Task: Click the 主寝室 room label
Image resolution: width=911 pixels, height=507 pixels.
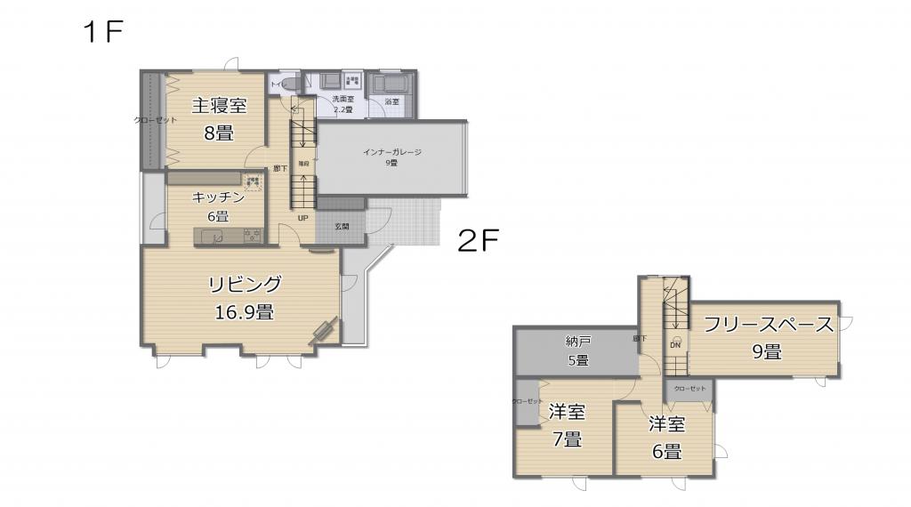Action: tap(219, 106)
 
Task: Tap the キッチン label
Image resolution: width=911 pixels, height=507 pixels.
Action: tap(218, 197)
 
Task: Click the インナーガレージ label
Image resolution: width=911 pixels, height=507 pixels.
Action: tap(391, 152)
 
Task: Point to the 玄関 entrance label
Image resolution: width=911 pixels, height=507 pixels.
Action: tap(342, 227)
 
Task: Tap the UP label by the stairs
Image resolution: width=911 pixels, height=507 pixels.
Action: tap(302, 218)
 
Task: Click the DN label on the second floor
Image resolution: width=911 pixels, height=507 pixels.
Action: tap(674, 345)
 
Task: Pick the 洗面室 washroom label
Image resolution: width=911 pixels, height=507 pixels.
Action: tap(343, 100)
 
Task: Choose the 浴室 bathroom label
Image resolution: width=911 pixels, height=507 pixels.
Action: tap(391, 102)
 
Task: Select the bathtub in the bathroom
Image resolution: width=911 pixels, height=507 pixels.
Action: tap(391, 84)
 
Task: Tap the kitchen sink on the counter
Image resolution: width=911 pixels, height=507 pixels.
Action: tap(212, 236)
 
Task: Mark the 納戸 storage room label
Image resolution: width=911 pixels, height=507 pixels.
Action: tap(577, 341)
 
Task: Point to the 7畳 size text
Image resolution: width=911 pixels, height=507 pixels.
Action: tap(567, 439)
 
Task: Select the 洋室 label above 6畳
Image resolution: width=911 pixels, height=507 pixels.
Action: tap(666, 424)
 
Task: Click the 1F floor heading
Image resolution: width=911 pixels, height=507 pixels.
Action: tap(102, 33)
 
